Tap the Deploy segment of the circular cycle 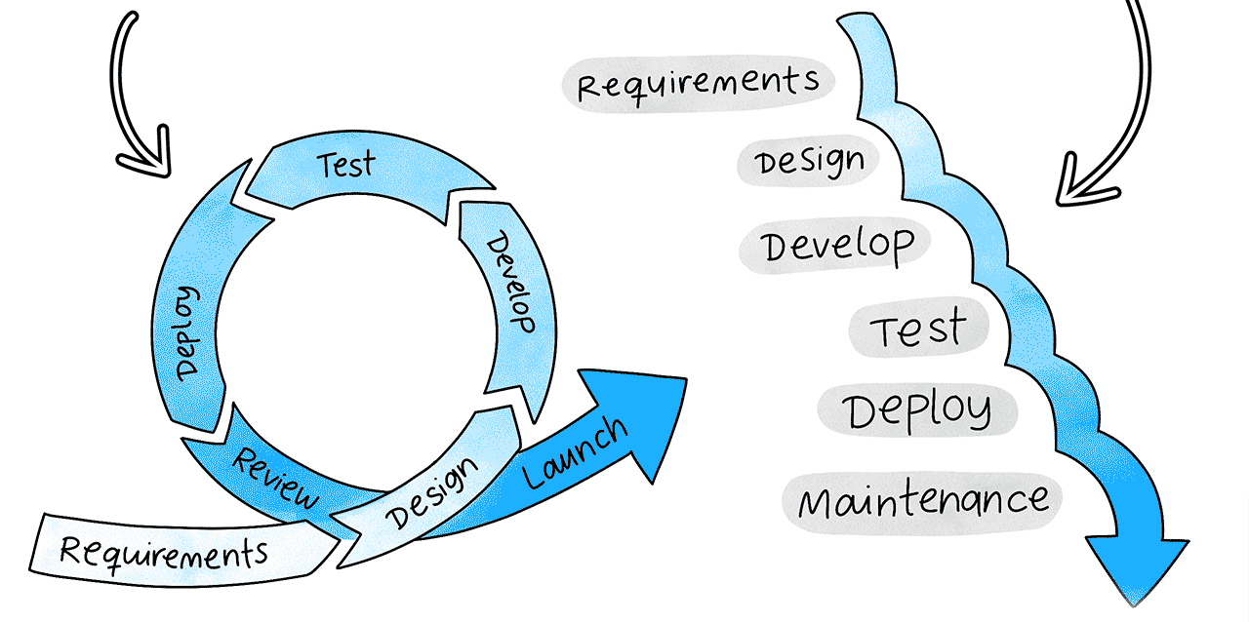[188, 331]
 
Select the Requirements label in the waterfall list [698, 81]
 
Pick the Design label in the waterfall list [810, 161]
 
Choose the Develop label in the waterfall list [838, 245]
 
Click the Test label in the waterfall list [918, 329]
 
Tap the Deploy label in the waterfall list [917, 410]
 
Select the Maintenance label [923, 501]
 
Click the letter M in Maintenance [818, 503]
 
